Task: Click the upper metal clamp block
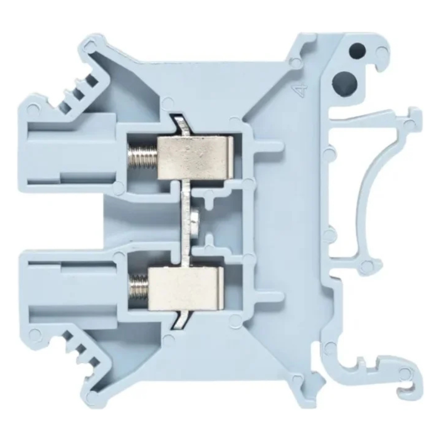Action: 195,158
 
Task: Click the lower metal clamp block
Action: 186,289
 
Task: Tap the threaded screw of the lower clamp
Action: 139,289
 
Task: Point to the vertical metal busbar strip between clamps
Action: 185,223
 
